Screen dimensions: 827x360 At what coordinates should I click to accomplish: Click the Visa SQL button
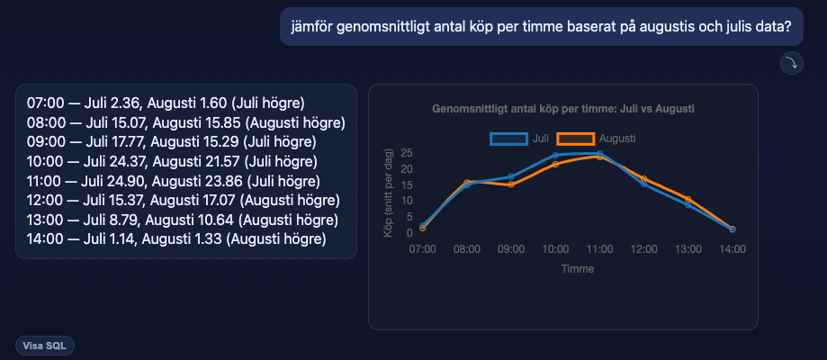click(45, 346)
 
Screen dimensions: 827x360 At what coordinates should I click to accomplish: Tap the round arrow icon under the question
click(792, 63)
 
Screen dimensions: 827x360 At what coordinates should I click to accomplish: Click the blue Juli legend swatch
click(509, 139)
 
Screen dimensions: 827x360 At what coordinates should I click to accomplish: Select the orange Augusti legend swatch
click(576, 139)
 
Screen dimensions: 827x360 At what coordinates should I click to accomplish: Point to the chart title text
click(562, 109)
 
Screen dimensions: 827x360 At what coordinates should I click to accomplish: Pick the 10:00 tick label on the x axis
click(556, 249)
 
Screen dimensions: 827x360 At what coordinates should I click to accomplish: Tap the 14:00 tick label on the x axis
click(733, 249)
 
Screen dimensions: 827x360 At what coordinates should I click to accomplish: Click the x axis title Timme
click(578, 269)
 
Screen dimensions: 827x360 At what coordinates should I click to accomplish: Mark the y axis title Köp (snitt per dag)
click(388, 193)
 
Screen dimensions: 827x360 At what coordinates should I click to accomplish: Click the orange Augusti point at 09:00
click(511, 184)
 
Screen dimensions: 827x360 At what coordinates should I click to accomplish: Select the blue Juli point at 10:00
click(555, 155)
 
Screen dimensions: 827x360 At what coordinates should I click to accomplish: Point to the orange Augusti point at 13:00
click(688, 199)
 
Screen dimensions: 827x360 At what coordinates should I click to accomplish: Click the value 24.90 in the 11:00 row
click(134, 182)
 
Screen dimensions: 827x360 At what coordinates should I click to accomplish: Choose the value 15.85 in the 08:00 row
click(226, 123)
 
